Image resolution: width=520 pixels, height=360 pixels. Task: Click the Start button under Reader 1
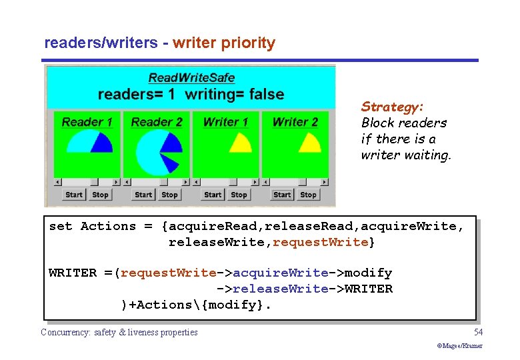73,195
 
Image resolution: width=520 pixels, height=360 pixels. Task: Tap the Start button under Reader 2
143,195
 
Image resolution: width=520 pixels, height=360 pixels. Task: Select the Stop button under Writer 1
239,195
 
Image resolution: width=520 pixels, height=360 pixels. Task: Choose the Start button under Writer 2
282,195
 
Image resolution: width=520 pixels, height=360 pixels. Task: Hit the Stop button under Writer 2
308,195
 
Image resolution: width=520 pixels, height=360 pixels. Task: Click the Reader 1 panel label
87,122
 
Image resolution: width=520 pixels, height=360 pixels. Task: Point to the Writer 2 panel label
295,122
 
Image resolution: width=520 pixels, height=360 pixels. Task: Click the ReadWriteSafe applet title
191,79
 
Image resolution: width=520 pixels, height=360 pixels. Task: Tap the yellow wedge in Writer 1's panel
239,143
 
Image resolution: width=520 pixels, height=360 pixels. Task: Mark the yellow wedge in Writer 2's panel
309,143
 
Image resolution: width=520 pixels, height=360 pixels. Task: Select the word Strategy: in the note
393,107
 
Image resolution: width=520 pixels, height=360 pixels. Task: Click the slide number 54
478,332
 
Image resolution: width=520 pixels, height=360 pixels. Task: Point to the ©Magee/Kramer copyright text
459,346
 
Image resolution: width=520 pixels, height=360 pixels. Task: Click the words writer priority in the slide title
223,43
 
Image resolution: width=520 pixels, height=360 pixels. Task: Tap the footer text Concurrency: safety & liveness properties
119,332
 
